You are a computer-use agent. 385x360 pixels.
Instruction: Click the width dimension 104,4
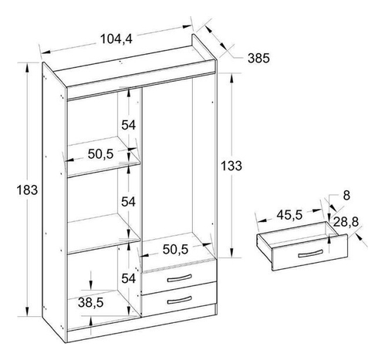(x=116, y=39)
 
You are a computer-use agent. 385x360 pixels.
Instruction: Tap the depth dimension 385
(x=258, y=59)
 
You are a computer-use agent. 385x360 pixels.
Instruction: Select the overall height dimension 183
(x=27, y=190)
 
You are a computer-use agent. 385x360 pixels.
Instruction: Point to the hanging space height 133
(x=231, y=166)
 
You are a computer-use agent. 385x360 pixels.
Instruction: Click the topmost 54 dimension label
(x=128, y=125)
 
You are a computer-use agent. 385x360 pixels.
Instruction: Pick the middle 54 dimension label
(x=128, y=202)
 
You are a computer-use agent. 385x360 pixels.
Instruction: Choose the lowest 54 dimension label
(x=128, y=278)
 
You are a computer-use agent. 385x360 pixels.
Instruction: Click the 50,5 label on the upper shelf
(x=100, y=154)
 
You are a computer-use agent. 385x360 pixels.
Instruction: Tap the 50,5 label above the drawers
(x=175, y=249)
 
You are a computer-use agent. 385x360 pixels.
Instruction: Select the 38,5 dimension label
(x=91, y=302)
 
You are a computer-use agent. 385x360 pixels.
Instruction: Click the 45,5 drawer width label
(x=289, y=215)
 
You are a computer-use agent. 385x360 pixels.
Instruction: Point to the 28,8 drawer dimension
(x=346, y=222)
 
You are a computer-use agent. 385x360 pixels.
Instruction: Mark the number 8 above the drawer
(x=346, y=196)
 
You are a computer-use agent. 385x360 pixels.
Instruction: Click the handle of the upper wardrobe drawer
(x=179, y=278)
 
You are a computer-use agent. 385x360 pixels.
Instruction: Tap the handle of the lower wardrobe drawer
(x=179, y=300)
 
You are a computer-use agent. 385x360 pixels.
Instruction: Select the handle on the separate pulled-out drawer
(x=310, y=254)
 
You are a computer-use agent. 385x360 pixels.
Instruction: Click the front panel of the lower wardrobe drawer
(x=179, y=299)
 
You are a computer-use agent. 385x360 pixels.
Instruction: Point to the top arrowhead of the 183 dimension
(x=26, y=67)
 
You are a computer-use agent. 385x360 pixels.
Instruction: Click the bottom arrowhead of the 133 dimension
(x=231, y=253)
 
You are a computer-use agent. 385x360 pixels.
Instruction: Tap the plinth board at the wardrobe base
(x=141, y=325)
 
